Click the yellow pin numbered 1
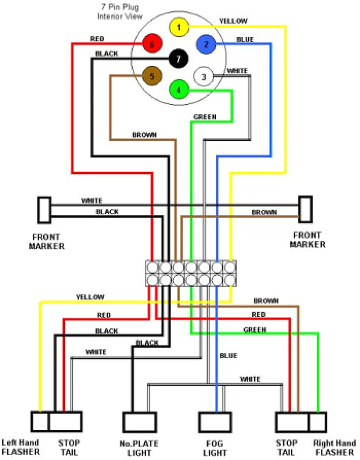[x=179, y=27]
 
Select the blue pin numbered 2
[x=206, y=44]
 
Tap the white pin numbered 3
[x=203, y=77]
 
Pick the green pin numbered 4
[x=179, y=90]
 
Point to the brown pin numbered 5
[x=152, y=76]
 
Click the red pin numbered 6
[x=152, y=44]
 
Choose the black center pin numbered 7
[x=178, y=59]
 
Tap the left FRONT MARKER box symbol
[x=44, y=210]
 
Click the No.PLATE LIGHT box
[x=140, y=422]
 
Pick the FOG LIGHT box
[x=215, y=422]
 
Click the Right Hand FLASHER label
[x=335, y=447]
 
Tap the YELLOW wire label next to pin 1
[x=233, y=21]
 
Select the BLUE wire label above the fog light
[x=228, y=356]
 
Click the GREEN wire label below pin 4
[x=205, y=117]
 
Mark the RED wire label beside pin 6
[x=97, y=39]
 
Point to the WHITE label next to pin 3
[x=237, y=71]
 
